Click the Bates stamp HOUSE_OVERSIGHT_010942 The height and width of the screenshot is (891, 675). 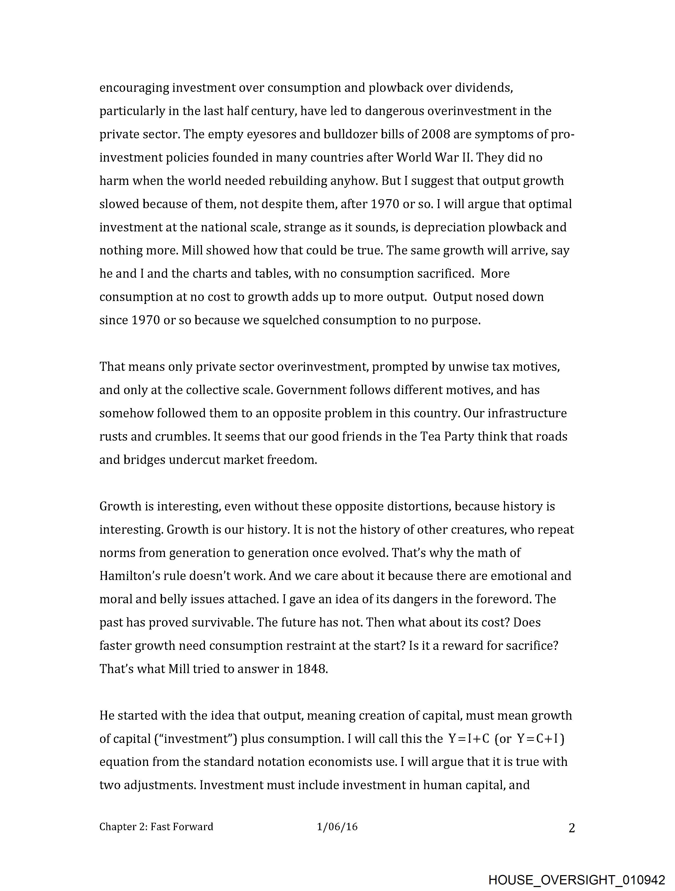pyautogui.click(x=576, y=879)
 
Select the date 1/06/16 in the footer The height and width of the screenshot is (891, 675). pyautogui.click(x=337, y=826)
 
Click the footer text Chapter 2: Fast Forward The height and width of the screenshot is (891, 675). pyautogui.click(x=156, y=826)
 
